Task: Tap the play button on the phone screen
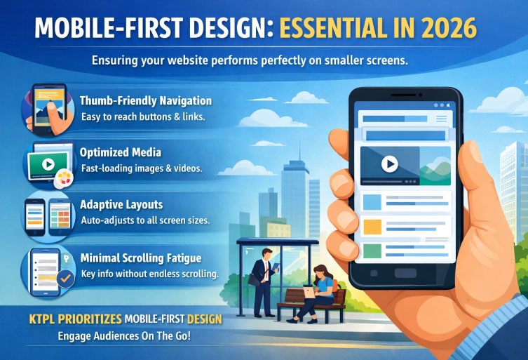[389, 164]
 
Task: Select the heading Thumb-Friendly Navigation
[146, 100]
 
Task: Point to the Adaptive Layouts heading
[122, 205]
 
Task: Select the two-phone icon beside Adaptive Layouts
[47, 214]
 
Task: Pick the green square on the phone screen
[372, 250]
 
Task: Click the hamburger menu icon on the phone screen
[441, 119]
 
